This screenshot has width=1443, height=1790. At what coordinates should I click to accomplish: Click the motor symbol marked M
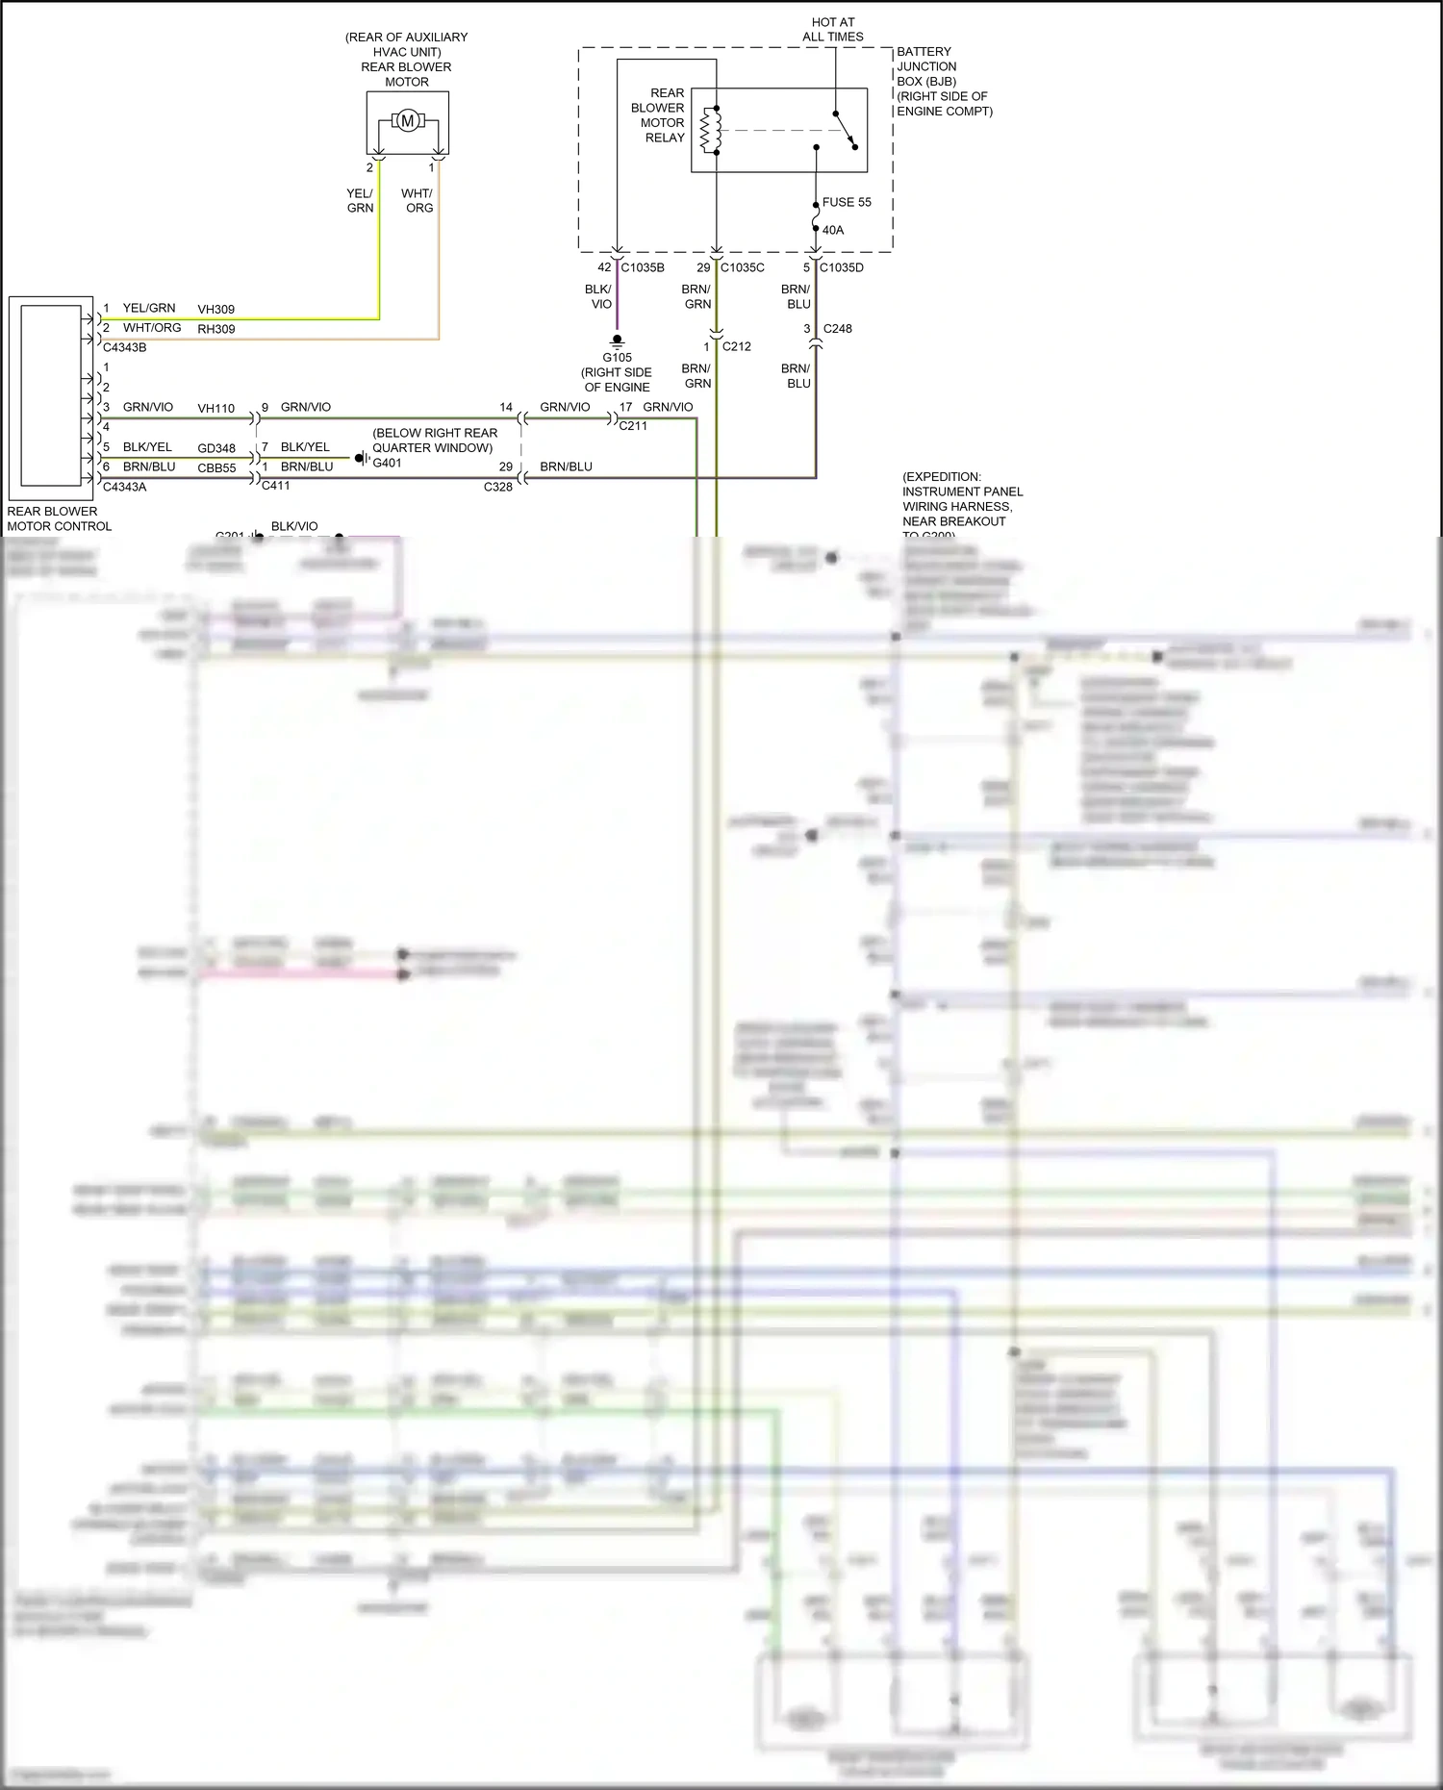tap(407, 121)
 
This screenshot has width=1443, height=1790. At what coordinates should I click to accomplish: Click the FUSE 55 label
tap(847, 202)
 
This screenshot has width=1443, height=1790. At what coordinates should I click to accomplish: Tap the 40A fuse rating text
tap(833, 230)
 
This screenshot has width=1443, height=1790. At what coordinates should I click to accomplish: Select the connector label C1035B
tap(643, 267)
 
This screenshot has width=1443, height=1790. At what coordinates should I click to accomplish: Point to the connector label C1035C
tap(743, 267)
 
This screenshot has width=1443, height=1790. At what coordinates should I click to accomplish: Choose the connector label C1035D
tap(842, 267)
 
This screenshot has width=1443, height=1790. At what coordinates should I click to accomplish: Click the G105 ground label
tap(618, 358)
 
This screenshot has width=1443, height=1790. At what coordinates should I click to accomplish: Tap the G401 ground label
tap(388, 463)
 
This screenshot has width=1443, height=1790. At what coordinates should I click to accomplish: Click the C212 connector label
tap(737, 346)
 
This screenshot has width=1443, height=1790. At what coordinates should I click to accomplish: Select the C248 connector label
tap(838, 328)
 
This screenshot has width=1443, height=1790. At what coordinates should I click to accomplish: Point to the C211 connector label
tap(633, 425)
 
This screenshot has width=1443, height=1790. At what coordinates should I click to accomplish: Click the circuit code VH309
tap(216, 310)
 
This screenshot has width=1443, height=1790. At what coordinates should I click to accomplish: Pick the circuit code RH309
tap(216, 329)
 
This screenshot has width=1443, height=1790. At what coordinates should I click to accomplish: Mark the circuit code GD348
tap(216, 448)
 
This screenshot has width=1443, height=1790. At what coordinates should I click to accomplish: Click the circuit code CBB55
tap(216, 468)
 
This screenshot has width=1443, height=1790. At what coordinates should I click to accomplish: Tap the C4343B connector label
tap(125, 347)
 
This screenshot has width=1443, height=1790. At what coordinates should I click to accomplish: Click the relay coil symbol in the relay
tap(711, 130)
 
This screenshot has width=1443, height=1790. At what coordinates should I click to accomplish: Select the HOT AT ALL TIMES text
tap(833, 29)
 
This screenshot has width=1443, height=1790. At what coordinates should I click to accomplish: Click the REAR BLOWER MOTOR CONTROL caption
tap(60, 518)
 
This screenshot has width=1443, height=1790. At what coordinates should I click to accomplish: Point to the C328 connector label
tap(498, 487)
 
